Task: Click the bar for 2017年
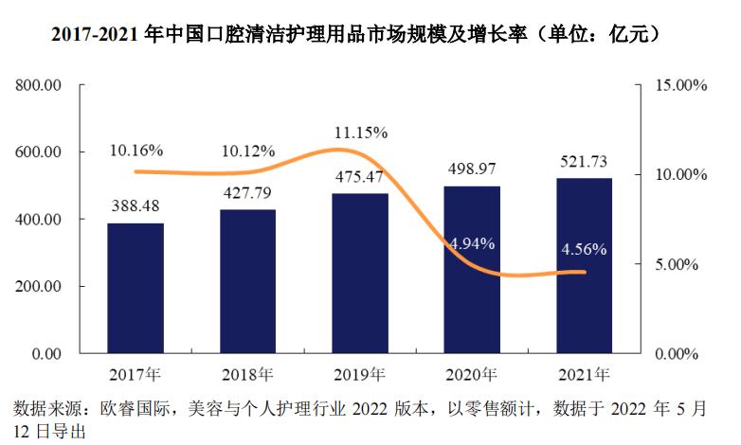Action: (x=136, y=289)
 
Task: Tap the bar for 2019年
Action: (x=359, y=274)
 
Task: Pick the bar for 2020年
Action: (x=471, y=270)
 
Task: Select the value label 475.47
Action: (x=359, y=177)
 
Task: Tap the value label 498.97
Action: (x=472, y=169)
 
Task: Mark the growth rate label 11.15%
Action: (x=360, y=133)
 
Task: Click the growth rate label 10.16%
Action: (x=136, y=151)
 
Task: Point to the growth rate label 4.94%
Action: (x=471, y=243)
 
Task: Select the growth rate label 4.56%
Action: (x=584, y=250)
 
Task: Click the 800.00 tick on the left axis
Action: (x=39, y=85)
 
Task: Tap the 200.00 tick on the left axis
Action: (x=39, y=287)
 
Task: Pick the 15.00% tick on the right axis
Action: (x=681, y=85)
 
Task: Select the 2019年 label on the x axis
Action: (x=359, y=373)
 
